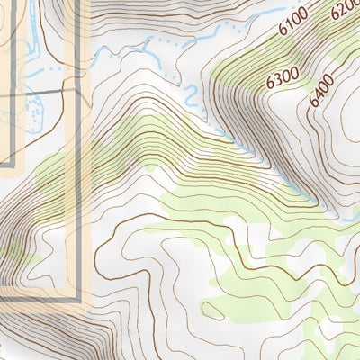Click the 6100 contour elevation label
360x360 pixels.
(293, 22)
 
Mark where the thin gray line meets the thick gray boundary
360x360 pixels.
(78, 90)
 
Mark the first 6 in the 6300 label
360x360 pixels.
(271, 85)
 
